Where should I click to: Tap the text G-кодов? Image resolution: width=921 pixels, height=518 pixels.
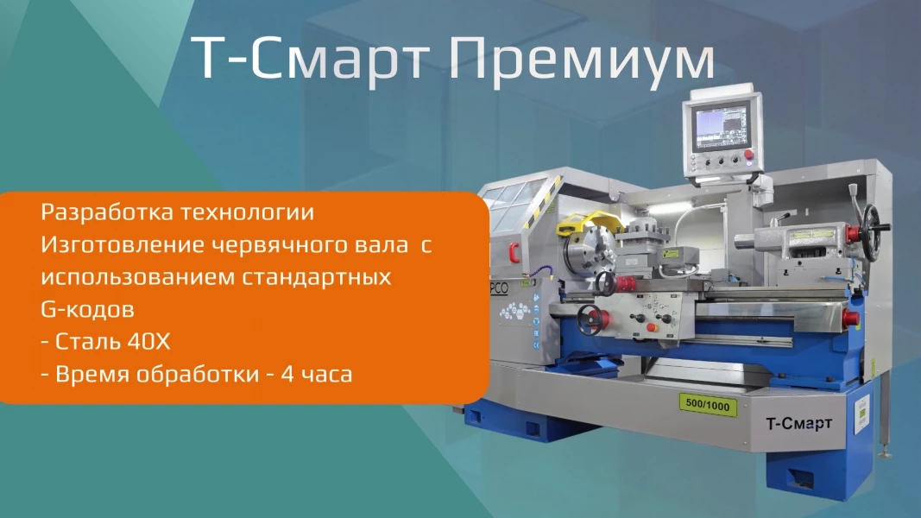click(x=87, y=310)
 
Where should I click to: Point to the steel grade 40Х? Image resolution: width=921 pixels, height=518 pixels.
click(x=148, y=342)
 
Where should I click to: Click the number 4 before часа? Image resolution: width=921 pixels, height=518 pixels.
click(x=287, y=374)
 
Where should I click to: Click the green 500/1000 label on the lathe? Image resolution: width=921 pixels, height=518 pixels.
click(x=708, y=405)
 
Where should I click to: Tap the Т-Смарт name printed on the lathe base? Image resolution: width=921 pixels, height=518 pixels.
click(x=798, y=423)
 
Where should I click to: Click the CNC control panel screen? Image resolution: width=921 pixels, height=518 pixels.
click(x=722, y=128)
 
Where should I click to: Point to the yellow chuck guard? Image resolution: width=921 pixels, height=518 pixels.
click(x=590, y=223)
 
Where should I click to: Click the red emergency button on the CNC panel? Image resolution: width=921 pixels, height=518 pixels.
click(x=748, y=155)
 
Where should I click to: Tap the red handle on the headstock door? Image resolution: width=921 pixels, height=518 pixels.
click(x=514, y=253)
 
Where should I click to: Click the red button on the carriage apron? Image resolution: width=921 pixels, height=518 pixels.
click(x=650, y=327)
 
